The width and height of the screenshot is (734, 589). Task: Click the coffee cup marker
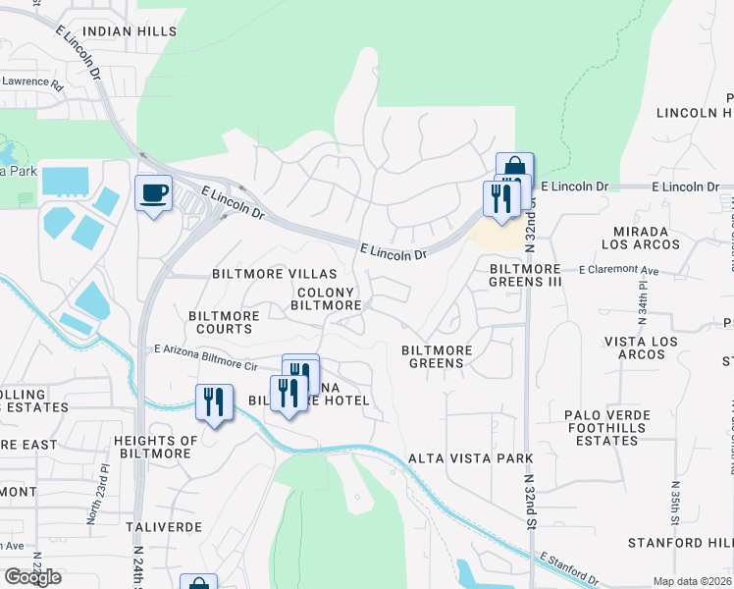coord(152,193)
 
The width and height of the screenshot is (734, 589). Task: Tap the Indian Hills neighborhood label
coord(131,31)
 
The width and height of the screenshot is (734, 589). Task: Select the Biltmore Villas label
coord(275,274)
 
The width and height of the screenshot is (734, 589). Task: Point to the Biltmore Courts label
coord(225,322)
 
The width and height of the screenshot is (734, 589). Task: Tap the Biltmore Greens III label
coord(526,275)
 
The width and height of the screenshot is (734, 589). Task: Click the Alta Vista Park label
coord(470,458)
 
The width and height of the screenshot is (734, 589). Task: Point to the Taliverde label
coord(164,527)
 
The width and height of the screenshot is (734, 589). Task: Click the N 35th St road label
coord(676,500)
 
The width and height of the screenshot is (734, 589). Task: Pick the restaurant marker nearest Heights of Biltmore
coord(213,402)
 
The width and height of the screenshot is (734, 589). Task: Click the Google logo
coord(31,577)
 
